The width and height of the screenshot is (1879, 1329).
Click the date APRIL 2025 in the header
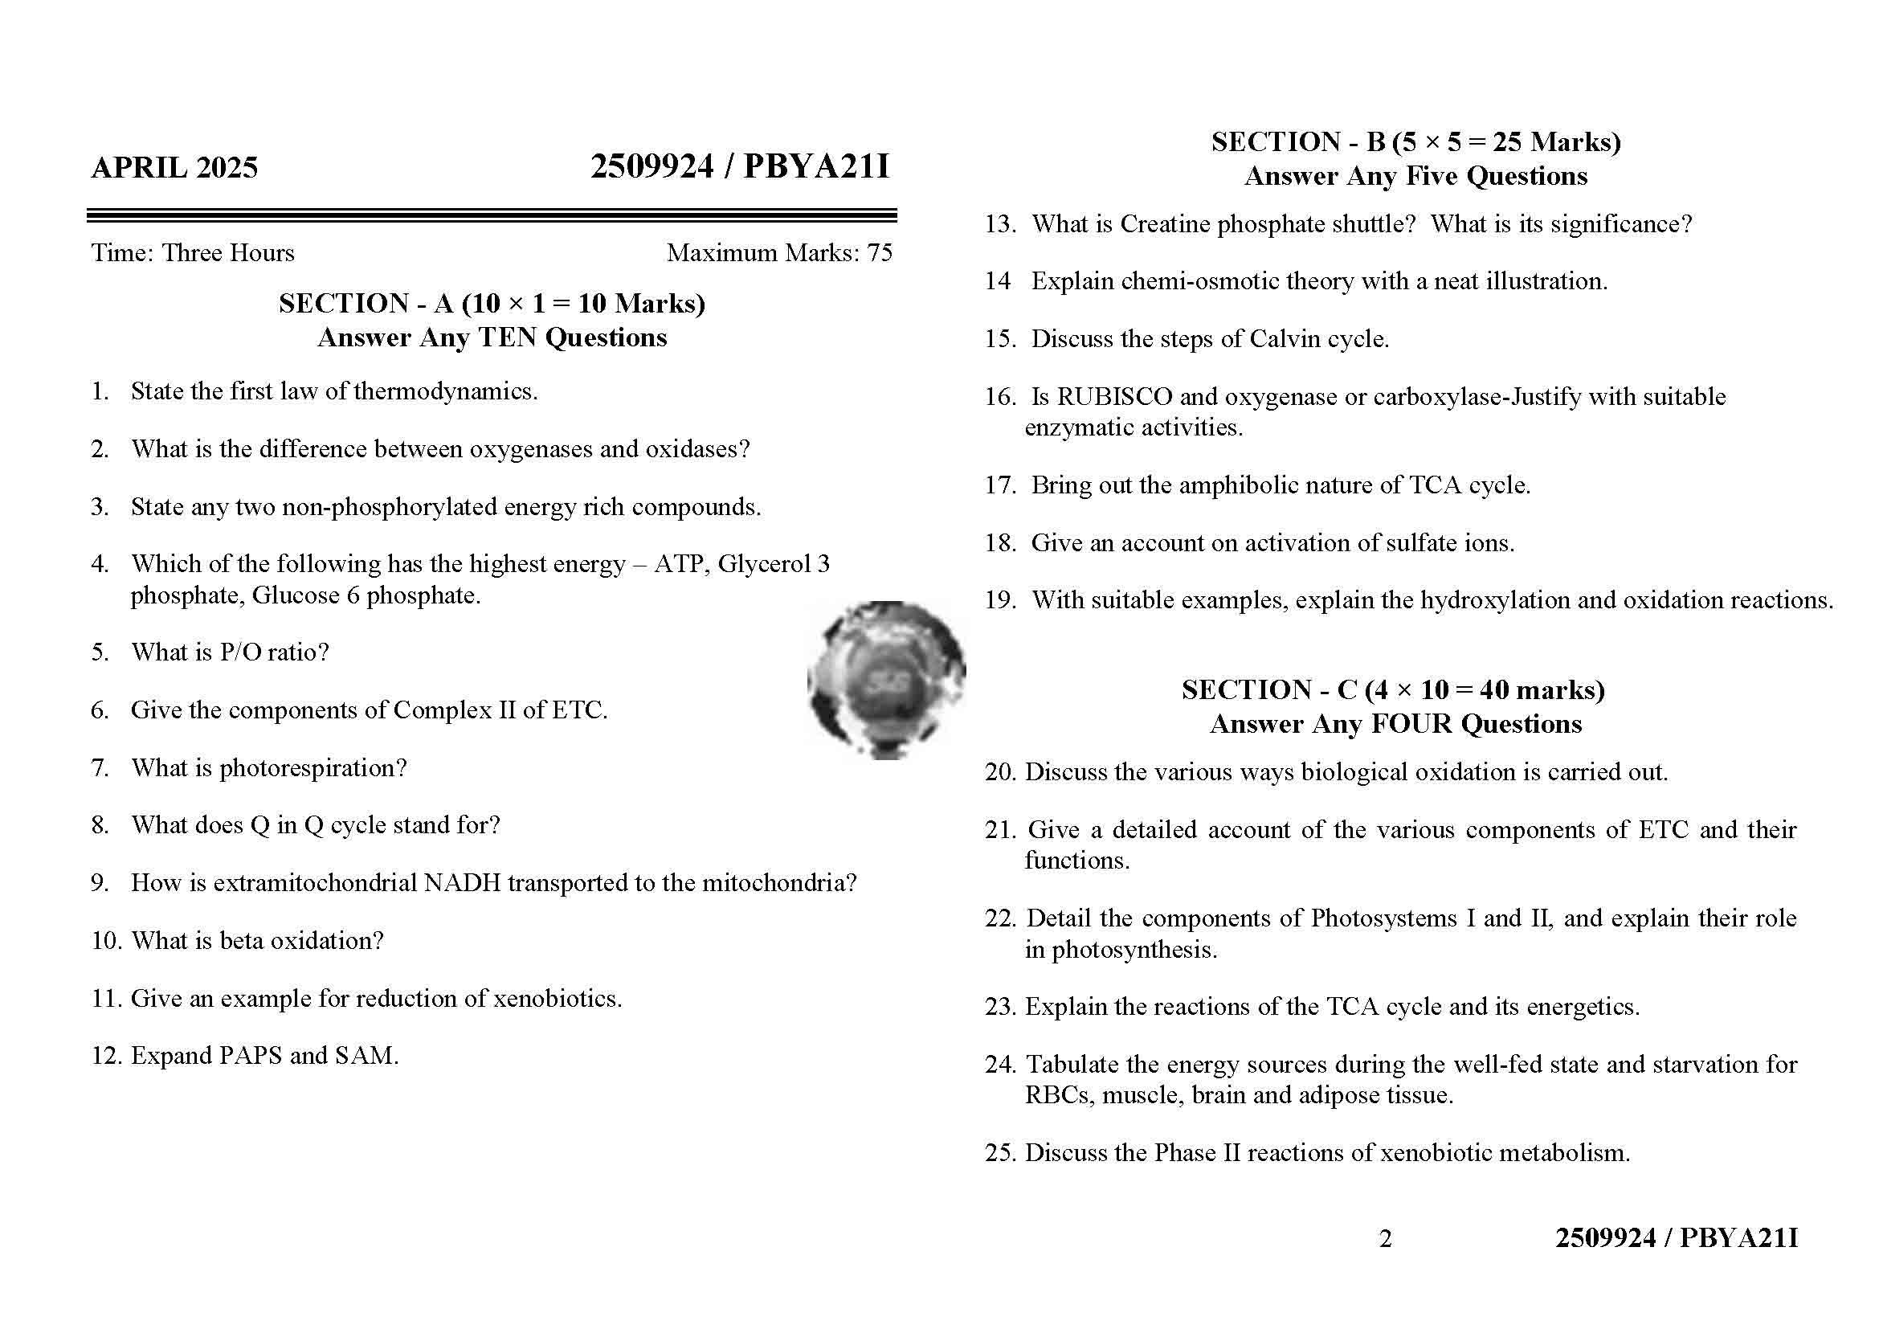click(174, 168)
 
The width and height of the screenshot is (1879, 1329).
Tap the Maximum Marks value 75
click(880, 253)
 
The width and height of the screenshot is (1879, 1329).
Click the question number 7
click(99, 768)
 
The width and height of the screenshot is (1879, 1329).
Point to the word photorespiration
click(312, 768)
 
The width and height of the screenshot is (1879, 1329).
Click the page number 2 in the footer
click(1385, 1239)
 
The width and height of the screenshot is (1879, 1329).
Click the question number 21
click(999, 830)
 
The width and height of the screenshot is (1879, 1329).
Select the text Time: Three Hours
click(193, 253)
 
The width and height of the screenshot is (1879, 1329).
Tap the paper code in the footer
click(1676, 1238)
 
